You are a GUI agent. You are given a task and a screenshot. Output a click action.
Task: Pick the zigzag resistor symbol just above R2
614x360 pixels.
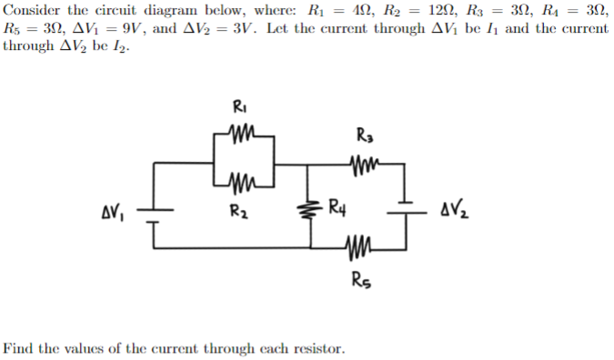239,189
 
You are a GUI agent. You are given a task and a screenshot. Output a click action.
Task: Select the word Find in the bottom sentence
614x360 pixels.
18,347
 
